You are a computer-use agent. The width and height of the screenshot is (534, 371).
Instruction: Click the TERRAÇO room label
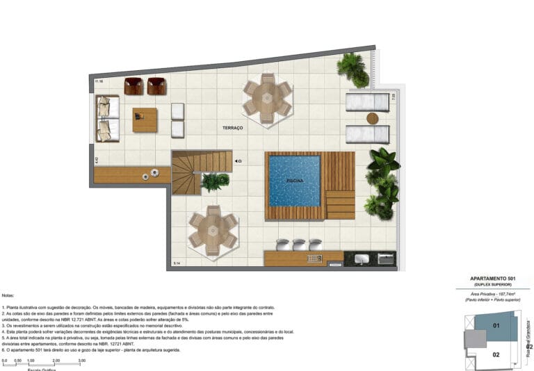232,129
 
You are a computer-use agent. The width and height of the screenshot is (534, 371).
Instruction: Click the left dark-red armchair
133,85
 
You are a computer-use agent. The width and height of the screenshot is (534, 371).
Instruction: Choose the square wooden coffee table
145,119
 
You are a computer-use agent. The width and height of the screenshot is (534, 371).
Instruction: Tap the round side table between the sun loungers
373,118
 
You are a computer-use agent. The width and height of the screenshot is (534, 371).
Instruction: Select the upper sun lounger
367,101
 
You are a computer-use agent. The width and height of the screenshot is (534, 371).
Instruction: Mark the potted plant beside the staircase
215,182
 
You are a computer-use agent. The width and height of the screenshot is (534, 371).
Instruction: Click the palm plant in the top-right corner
353,69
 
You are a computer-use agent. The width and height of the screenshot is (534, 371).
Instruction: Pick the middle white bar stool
299,245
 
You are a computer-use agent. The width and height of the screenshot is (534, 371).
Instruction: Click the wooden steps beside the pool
340,206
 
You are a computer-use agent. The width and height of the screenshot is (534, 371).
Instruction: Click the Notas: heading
8,295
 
